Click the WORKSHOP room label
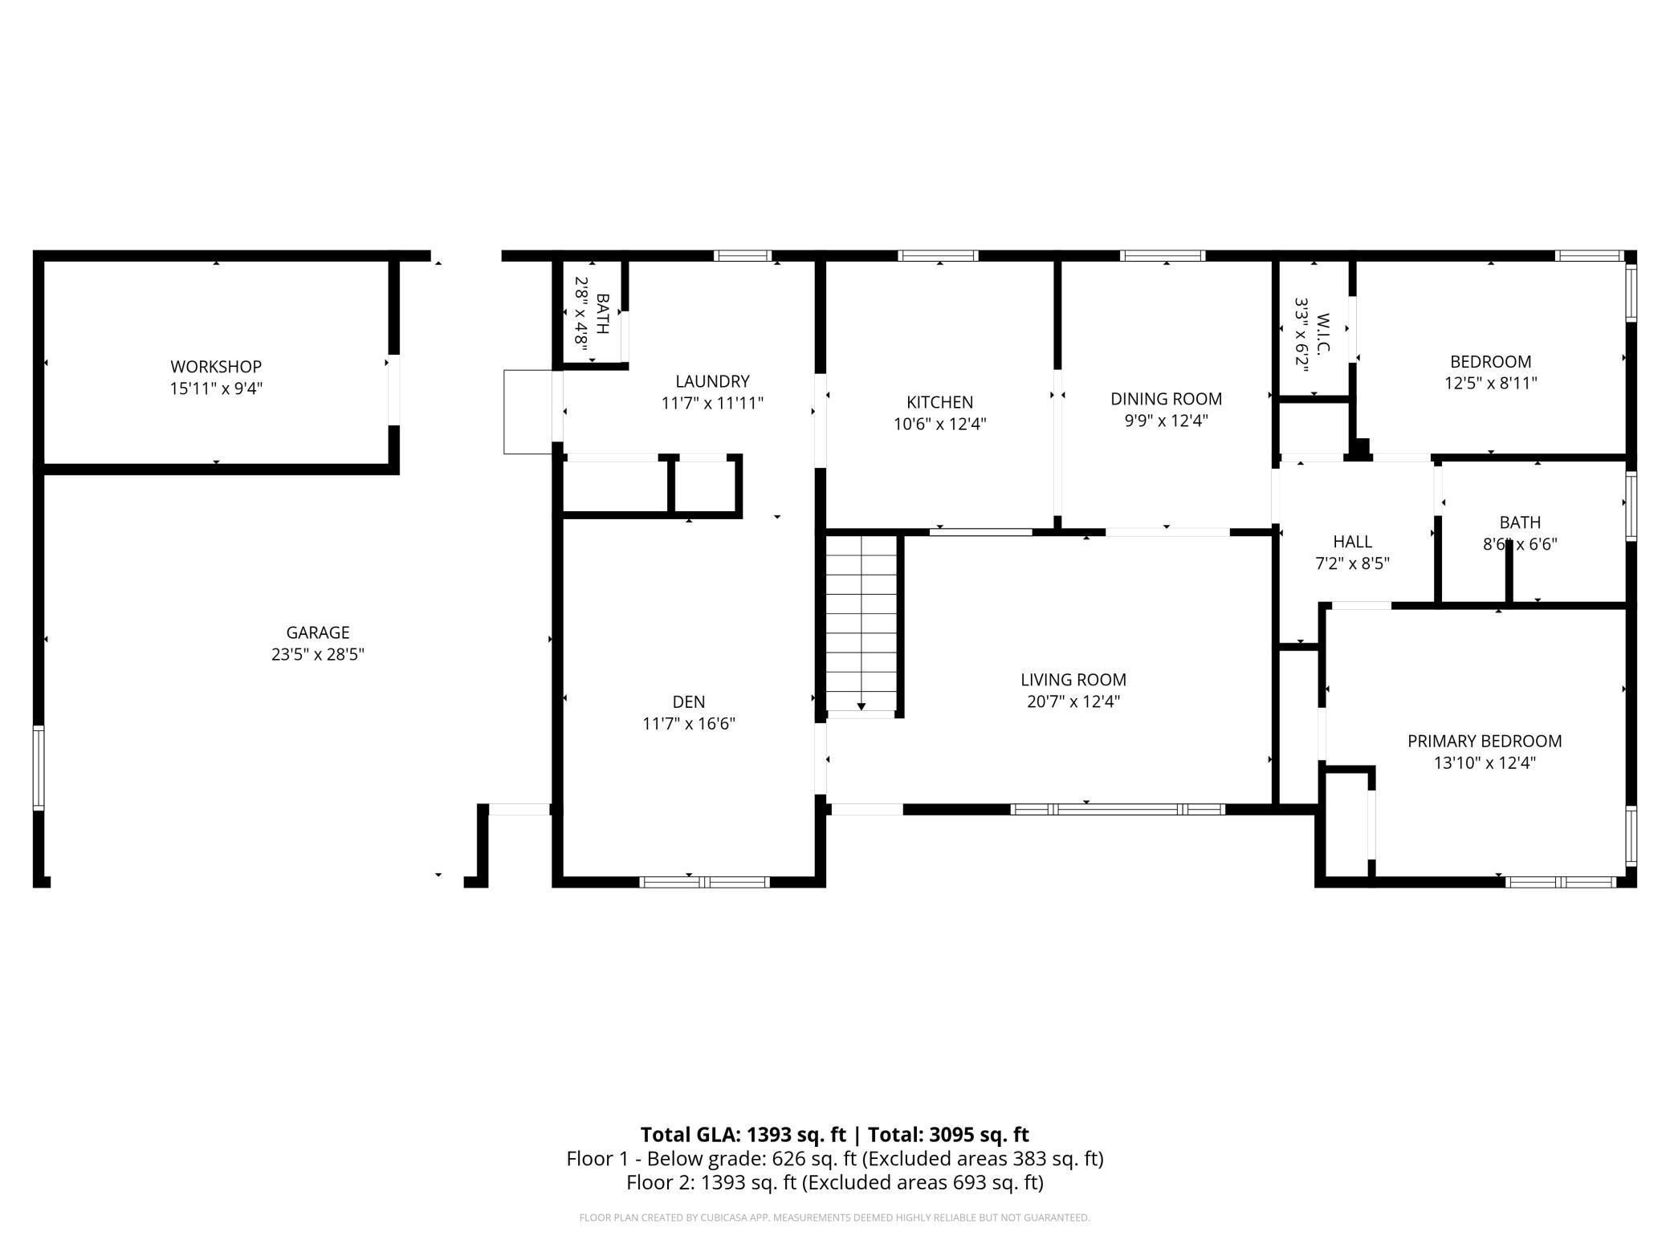pos(216,367)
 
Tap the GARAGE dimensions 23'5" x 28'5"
pos(318,654)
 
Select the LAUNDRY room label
pos(712,381)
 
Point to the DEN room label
pos(689,702)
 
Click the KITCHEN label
pos(940,402)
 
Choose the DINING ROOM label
pos(1167,399)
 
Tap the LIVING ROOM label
pos(1073,680)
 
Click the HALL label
pos(1353,542)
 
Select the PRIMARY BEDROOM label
pos(1485,741)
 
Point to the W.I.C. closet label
pos(1324,332)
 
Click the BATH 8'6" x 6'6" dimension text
pos(1520,544)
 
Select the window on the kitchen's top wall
pos(938,256)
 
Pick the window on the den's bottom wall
pos(705,882)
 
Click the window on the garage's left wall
pos(38,768)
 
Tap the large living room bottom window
pos(1118,809)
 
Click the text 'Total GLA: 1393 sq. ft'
pos(743,1134)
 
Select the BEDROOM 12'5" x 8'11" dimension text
pos(1491,383)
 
